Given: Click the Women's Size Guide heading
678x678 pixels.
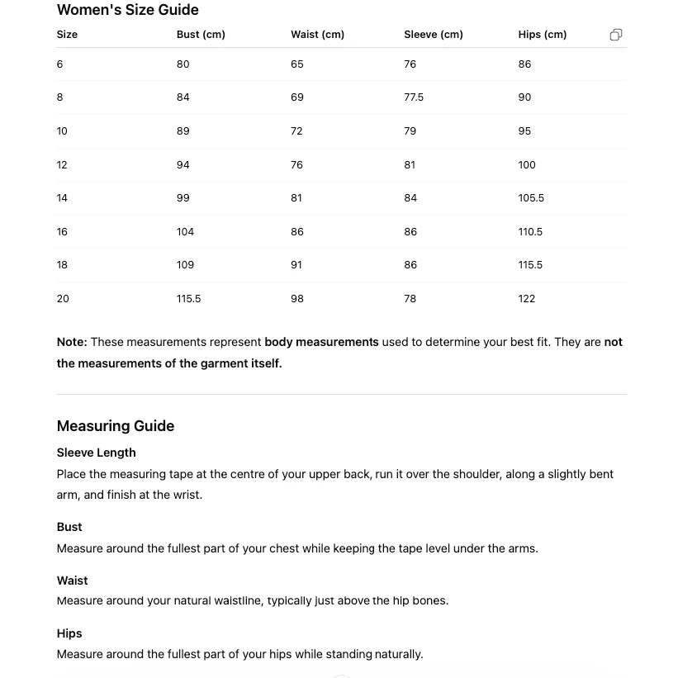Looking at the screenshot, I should tap(127, 10).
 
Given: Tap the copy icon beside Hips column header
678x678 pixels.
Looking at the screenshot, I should tap(616, 35).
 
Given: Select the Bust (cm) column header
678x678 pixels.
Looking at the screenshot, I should tap(201, 35).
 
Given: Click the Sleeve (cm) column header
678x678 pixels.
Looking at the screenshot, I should tap(433, 35).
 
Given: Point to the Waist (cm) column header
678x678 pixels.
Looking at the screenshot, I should tap(317, 35).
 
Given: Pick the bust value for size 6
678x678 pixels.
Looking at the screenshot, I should tap(183, 64).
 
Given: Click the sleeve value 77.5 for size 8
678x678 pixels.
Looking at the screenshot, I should tap(414, 97).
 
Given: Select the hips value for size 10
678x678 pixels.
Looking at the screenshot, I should tap(524, 131).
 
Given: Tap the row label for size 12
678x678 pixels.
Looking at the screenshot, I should tap(62, 165).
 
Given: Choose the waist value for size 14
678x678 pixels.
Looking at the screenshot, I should tap(296, 198).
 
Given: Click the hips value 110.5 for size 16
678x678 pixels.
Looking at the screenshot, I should tap(530, 232).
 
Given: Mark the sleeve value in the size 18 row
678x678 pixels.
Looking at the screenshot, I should tap(410, 265).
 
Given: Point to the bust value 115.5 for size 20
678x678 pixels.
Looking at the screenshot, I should tap(188, 299).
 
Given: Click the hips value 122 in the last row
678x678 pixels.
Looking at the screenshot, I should tap(527, 299).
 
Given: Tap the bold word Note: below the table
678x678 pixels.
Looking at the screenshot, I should tap(72, 342).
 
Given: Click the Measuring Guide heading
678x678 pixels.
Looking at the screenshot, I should tap(116, 426).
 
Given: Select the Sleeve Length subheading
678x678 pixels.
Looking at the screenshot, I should tap(96, 453).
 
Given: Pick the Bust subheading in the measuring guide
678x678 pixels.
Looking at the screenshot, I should tap(69, 527).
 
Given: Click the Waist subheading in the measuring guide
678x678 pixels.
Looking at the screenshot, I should tap(72, 581).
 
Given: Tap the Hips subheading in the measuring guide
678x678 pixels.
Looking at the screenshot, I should tap(69, 633).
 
